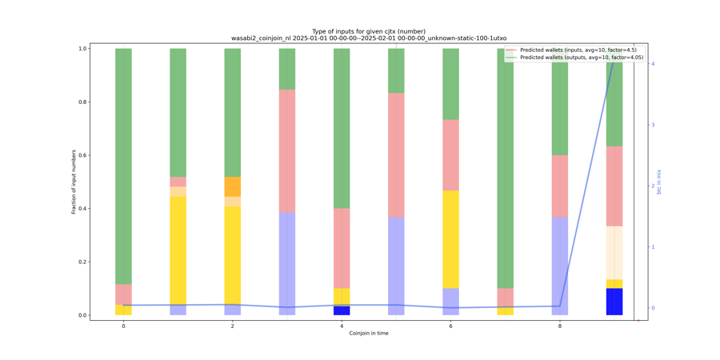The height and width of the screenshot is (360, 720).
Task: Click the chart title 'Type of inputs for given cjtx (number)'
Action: click(369, 31)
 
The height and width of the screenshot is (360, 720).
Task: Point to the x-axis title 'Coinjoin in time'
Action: click(369, 333)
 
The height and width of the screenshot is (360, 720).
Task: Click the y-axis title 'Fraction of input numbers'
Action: click(74, 182)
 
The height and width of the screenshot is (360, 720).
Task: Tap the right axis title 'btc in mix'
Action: click(659, 182)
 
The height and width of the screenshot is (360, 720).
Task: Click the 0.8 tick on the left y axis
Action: click(82, 102)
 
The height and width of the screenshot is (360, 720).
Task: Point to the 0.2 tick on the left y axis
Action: click(82, 262)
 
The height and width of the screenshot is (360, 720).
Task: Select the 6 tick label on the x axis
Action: click(450, 326)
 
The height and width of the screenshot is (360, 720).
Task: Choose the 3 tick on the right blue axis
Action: click(653, 125)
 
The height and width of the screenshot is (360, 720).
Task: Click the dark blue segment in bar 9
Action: click(614, 302)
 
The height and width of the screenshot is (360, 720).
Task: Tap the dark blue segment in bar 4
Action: click(342, 310)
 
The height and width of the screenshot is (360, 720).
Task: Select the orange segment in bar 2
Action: click(233, 186)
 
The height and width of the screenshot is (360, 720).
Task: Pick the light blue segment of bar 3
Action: click(287, 263)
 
